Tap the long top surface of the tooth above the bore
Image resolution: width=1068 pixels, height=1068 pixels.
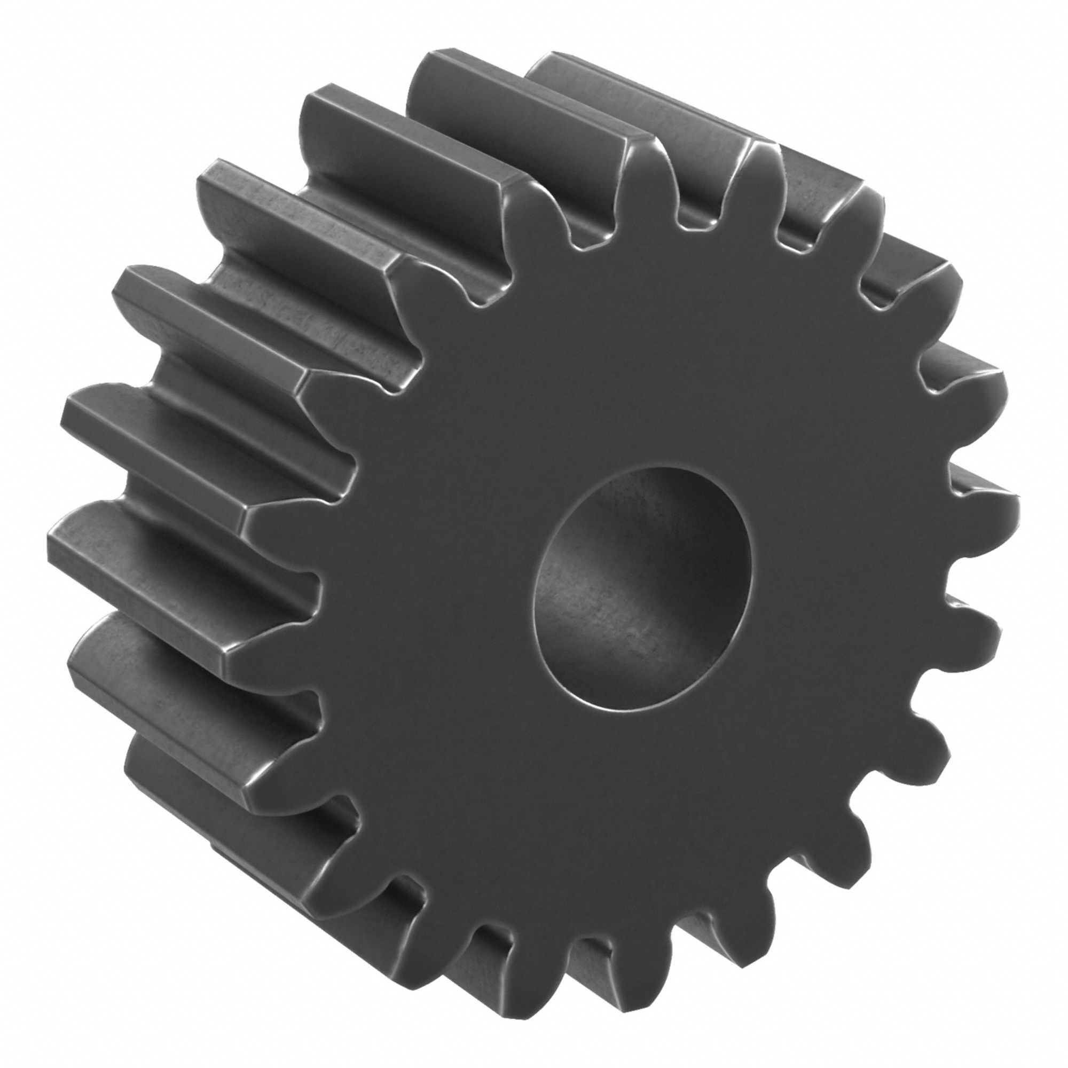(x=531, y=105)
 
